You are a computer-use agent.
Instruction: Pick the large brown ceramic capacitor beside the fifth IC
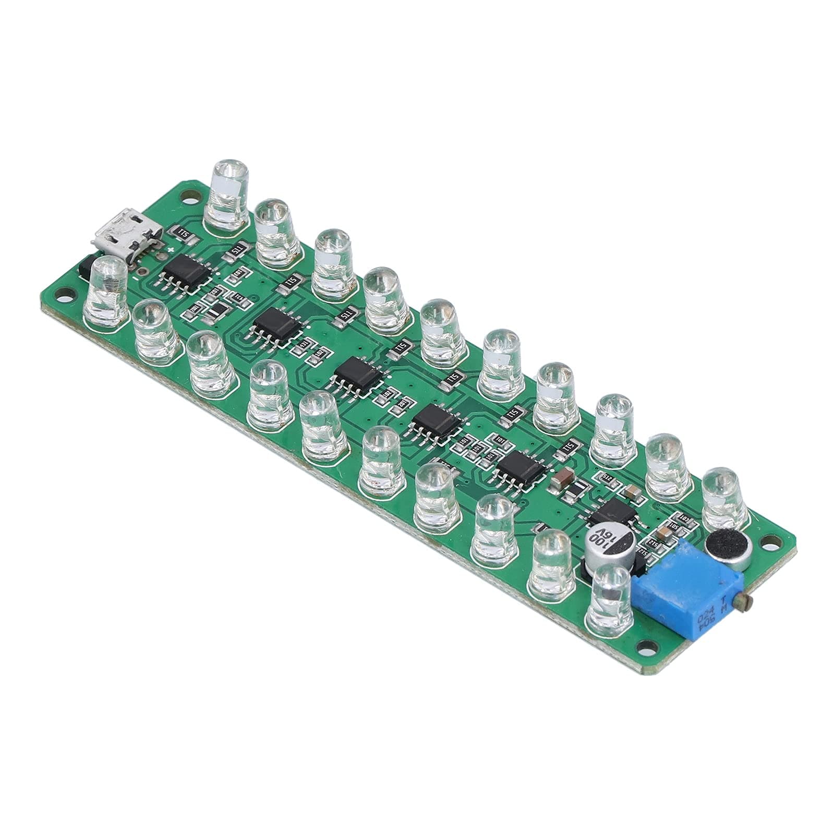coord(563,478)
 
